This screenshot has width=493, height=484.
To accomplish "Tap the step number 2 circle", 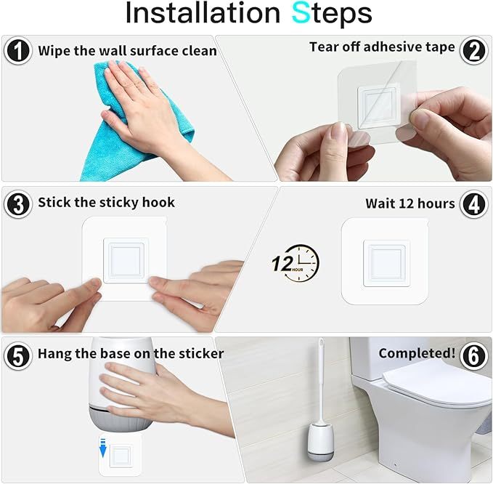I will click(474, 50).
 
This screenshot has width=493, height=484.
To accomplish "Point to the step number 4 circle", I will click(474, 204).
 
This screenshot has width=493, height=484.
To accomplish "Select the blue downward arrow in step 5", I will click(103, 451).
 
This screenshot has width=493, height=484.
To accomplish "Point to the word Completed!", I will click(417, 354).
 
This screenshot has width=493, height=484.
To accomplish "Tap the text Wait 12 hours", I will click(410, 203).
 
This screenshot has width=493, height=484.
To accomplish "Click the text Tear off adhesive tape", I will click(382, 47).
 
